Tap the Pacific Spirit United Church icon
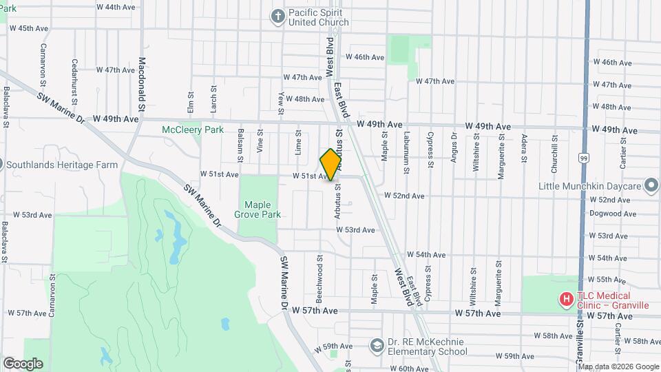[x=277, y=17]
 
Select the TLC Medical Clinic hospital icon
[x=565, y=299]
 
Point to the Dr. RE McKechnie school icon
[x=377, y=345]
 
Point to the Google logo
[x=23, y=364]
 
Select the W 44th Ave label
[x=116, y=7]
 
